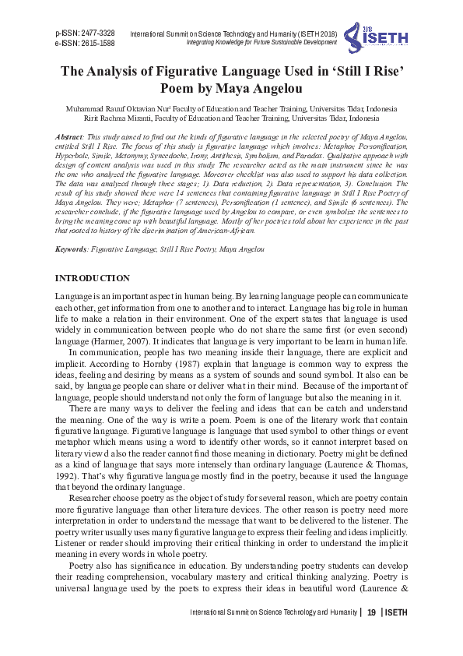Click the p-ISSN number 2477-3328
pos(96,34)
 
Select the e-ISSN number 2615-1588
pos(96,44)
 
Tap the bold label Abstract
pos(71,136)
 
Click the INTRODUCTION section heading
pos(93,278)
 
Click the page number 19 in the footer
pos(372,613)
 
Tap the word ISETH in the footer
pos(397,613)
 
